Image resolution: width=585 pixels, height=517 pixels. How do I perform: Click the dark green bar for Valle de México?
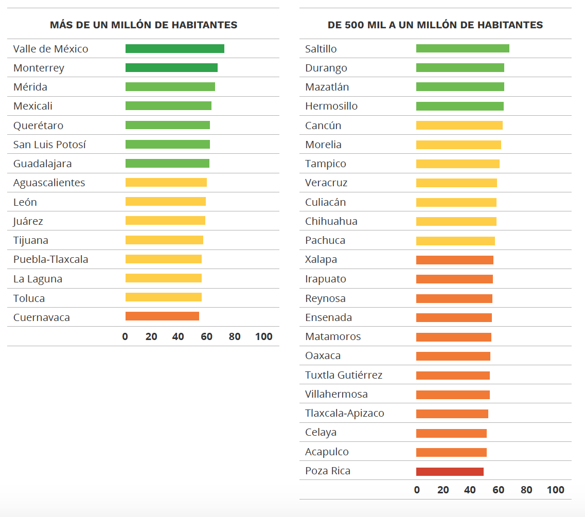pos(174,49)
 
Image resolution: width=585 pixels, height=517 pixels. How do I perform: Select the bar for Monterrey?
pos(171,68)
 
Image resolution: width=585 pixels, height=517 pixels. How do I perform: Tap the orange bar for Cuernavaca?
pos(162,316)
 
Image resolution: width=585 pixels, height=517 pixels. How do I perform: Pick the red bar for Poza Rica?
pos(450,472)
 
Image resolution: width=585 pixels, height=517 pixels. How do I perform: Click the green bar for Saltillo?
pos(463,48)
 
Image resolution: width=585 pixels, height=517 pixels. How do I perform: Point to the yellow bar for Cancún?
pos(459,125)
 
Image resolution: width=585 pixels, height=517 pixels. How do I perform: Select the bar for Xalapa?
pos(454,260)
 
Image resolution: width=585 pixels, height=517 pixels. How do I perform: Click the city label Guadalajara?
pos(42,164)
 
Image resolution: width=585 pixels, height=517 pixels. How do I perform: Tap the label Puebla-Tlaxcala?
pos(50,259)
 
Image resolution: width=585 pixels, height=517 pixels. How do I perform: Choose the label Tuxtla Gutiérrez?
pos(344,375)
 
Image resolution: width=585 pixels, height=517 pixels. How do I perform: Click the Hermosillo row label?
pos(331,106)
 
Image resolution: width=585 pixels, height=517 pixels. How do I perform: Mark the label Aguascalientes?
pos(49,183)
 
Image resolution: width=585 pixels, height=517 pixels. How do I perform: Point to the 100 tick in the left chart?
pos(264,337)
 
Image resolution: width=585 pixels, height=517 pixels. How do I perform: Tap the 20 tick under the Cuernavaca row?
pos(151,337)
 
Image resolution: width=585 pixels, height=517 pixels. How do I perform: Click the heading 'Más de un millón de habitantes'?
pos(144,25)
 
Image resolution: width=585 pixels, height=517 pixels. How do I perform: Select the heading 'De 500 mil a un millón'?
pos(435,25)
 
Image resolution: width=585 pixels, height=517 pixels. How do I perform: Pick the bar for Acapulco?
pos(451,452)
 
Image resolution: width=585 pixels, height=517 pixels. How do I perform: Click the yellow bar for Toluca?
pos(163,297)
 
